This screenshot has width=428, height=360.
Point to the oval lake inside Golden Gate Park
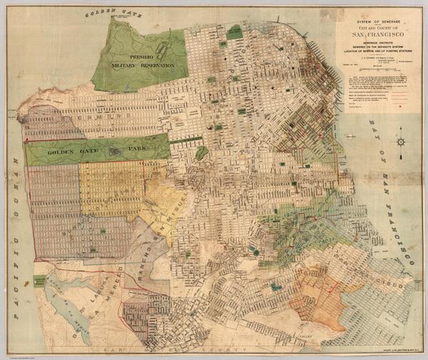click(115, 150)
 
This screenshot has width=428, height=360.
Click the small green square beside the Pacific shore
click(39, 281)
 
